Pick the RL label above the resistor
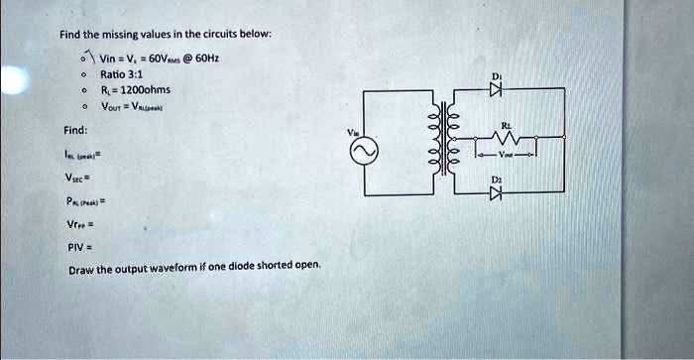(508, 126)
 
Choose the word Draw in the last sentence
(80, 270)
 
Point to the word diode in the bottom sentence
(261, 268)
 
